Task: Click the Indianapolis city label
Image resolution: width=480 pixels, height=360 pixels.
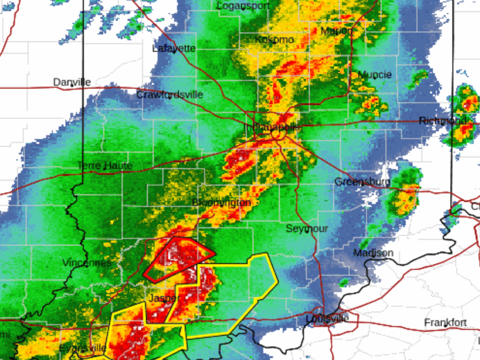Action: click(272, 127)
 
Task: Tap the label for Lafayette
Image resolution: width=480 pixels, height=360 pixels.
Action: click(174, 48)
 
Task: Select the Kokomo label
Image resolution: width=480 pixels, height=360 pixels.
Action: click(274, 40)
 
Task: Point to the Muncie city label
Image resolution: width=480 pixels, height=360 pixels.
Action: click(374, 75)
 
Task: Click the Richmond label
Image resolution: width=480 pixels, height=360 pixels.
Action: click(443, 121)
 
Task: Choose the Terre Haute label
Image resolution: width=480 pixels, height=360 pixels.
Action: click(105, 166)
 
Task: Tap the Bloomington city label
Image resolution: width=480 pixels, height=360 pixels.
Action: click(222, 203)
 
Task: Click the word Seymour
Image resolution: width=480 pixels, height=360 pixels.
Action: click(307, 229)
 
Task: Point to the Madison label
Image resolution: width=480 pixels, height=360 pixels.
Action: click(373, 253)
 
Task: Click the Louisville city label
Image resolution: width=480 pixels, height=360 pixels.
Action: click(327, 319)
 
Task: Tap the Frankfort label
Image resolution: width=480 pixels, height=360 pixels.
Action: click(445, 323)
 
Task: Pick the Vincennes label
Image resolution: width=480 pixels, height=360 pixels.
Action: click(86, 263)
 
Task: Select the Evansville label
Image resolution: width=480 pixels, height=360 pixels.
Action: click(82, 348)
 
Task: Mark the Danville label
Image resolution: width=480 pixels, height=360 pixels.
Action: click(72, 82)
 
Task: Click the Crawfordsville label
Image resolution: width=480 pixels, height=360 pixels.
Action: click(169, 95)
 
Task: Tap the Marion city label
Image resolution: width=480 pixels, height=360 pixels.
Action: click(336, 31)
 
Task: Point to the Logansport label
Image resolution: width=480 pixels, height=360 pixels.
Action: click(242, 6)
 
